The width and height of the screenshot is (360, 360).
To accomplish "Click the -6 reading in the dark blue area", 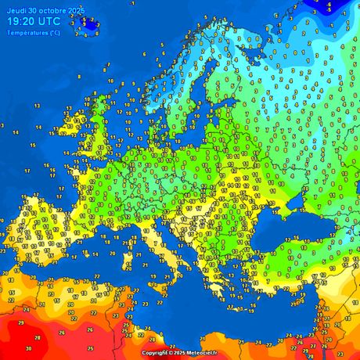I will tap(329, 5).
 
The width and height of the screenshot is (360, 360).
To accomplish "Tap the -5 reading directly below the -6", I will tap(328, 13).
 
